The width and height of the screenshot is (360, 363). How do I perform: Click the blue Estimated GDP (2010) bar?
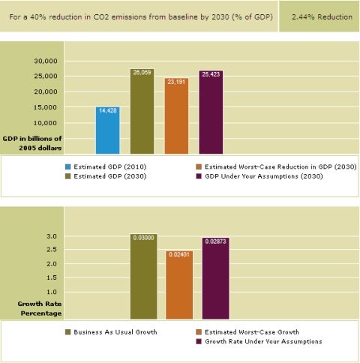(x=108, y=130)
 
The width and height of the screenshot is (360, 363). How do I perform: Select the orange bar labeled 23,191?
(x=176, y=115)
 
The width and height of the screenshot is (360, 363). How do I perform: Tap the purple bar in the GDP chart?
(x=211, y=112)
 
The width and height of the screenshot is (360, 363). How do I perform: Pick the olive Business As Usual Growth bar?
(x=144, y=277)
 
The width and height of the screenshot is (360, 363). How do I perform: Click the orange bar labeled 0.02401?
(x=179, y=285)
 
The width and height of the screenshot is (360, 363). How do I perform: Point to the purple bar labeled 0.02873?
(x=215, y=278)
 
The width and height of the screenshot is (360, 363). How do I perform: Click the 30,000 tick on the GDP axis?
(x=46, y=61)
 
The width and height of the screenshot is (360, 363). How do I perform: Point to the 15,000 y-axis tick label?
(x=46, y=107)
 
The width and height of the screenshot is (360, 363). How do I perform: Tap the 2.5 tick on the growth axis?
(x=52, y=250)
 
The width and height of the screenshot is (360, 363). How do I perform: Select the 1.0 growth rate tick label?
(x=52, y=292)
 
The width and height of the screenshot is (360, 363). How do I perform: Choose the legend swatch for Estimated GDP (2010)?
(x=67, y=166)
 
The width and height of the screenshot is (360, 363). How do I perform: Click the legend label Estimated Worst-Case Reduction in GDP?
(x=280, y=166)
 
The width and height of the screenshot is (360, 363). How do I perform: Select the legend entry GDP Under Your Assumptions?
(x=264, y=176)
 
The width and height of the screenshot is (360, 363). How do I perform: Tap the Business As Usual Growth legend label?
(x=115, y=332)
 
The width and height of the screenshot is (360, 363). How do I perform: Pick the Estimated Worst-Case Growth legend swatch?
(x=199, y=332)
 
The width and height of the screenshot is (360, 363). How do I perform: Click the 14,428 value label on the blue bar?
(x=108, y=110)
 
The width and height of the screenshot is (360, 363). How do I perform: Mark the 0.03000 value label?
(x=144, y=238)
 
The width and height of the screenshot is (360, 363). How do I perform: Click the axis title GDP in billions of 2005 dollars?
(x=32, y=143)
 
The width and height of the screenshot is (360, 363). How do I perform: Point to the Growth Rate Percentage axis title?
(x=40, y=308)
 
